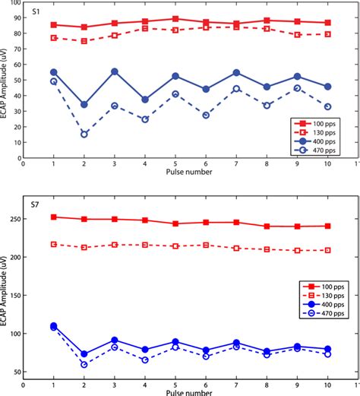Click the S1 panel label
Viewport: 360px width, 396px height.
tap(36, 13)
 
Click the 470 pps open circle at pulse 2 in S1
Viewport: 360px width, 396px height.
tap(84, 134)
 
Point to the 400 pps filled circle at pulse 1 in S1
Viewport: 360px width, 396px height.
tap(53, 72)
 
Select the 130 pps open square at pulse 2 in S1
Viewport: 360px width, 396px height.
tap(84, 41)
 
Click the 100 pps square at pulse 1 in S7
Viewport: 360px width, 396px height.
tap(53, 217)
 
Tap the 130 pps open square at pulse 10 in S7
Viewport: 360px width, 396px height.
tap(328, 250)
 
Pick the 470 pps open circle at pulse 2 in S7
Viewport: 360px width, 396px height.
tap(84, 365)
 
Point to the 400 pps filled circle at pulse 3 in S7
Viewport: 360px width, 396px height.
tap(114, 341)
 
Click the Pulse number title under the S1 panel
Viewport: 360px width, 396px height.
tap(190, 173)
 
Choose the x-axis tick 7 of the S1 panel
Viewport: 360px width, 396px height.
tap(236, 163)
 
